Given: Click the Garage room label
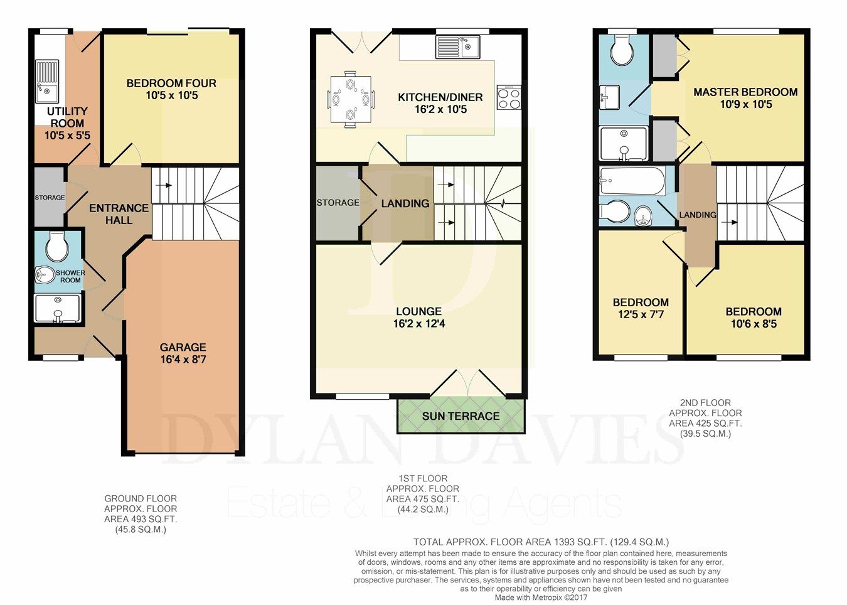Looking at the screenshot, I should (183, 347).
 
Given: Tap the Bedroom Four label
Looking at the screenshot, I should (171, 83).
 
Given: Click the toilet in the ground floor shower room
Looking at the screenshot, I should (57, 247).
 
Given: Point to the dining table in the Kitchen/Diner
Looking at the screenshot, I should (351, 99).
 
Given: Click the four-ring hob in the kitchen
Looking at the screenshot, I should (509, 98).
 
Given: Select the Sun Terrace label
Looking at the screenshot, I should (461, 416).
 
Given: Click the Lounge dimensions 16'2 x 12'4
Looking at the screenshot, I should (418, 324).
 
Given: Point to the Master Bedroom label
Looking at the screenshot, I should (745, 92).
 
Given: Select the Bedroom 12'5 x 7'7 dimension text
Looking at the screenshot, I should (641, 314).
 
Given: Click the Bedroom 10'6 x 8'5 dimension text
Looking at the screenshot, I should (753, 324).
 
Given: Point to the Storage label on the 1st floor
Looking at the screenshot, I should (338, 203).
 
